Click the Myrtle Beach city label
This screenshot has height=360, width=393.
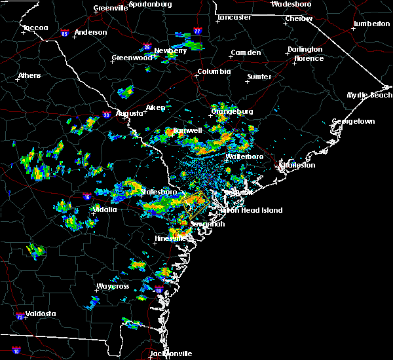[369, 96]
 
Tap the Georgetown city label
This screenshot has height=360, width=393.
[353, 122]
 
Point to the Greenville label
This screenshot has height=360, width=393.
[109, 9]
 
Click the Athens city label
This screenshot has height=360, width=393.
[29, 75]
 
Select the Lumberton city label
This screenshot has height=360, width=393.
[371, 24]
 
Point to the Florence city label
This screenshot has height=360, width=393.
[309, 59]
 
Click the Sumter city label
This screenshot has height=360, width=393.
[259, 77]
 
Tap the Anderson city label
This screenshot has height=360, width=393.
[90, 32]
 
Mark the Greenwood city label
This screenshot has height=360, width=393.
[132, 58]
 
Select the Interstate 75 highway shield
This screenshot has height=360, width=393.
[14, 317]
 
